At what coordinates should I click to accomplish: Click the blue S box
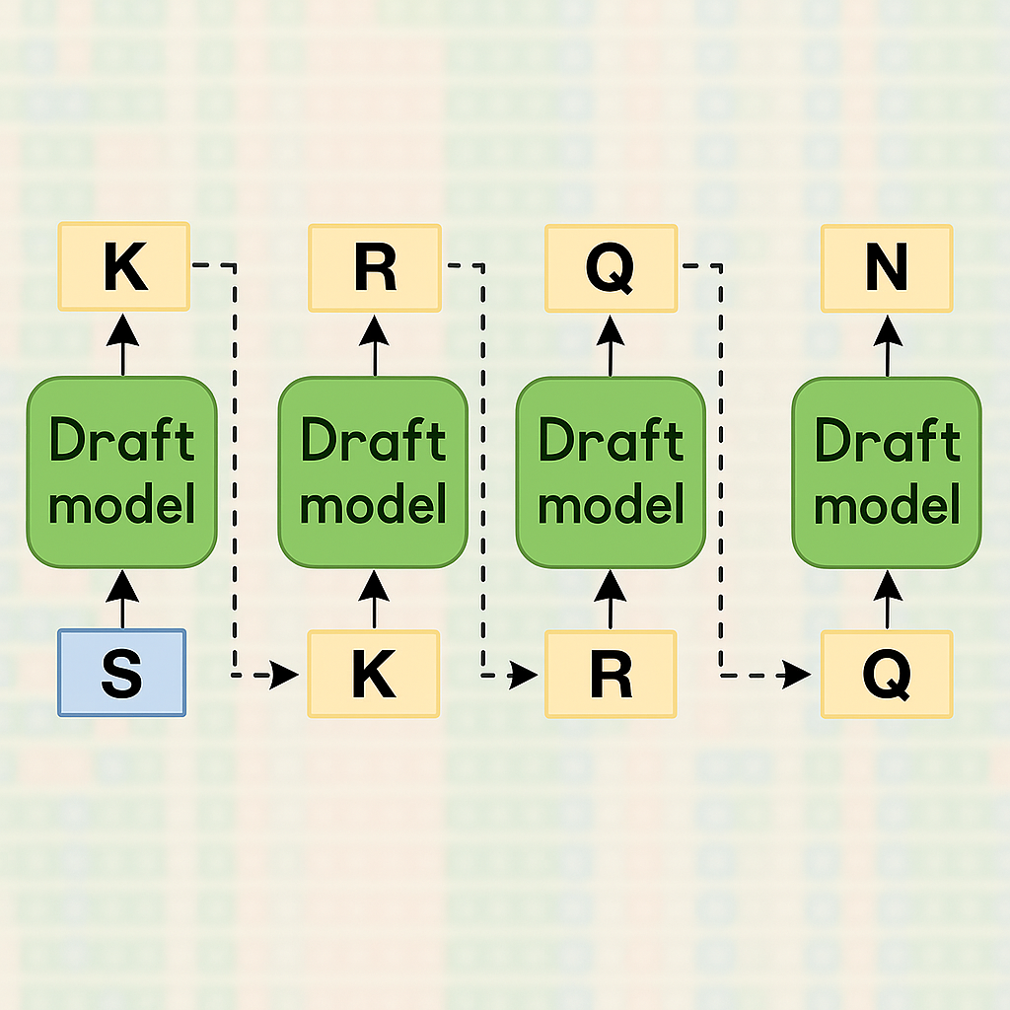pos(121,673)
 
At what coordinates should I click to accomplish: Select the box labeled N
pos(887,268)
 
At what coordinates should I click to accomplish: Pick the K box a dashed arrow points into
pos(374,675)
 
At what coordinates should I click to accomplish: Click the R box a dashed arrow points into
pos(611,675)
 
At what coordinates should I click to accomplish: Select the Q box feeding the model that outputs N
pos(887,675)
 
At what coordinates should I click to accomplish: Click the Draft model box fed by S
pos(122,472)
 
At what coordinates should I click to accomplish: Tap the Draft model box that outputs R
pos(373,472)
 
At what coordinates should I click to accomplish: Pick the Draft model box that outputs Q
pos(611,472)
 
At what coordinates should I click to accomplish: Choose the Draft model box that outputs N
pos(887,472)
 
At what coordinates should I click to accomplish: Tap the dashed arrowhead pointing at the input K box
pos(287,675)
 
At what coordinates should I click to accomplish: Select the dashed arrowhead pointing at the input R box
pos(526,675)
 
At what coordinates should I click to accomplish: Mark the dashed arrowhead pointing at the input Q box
pos(798,676)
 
